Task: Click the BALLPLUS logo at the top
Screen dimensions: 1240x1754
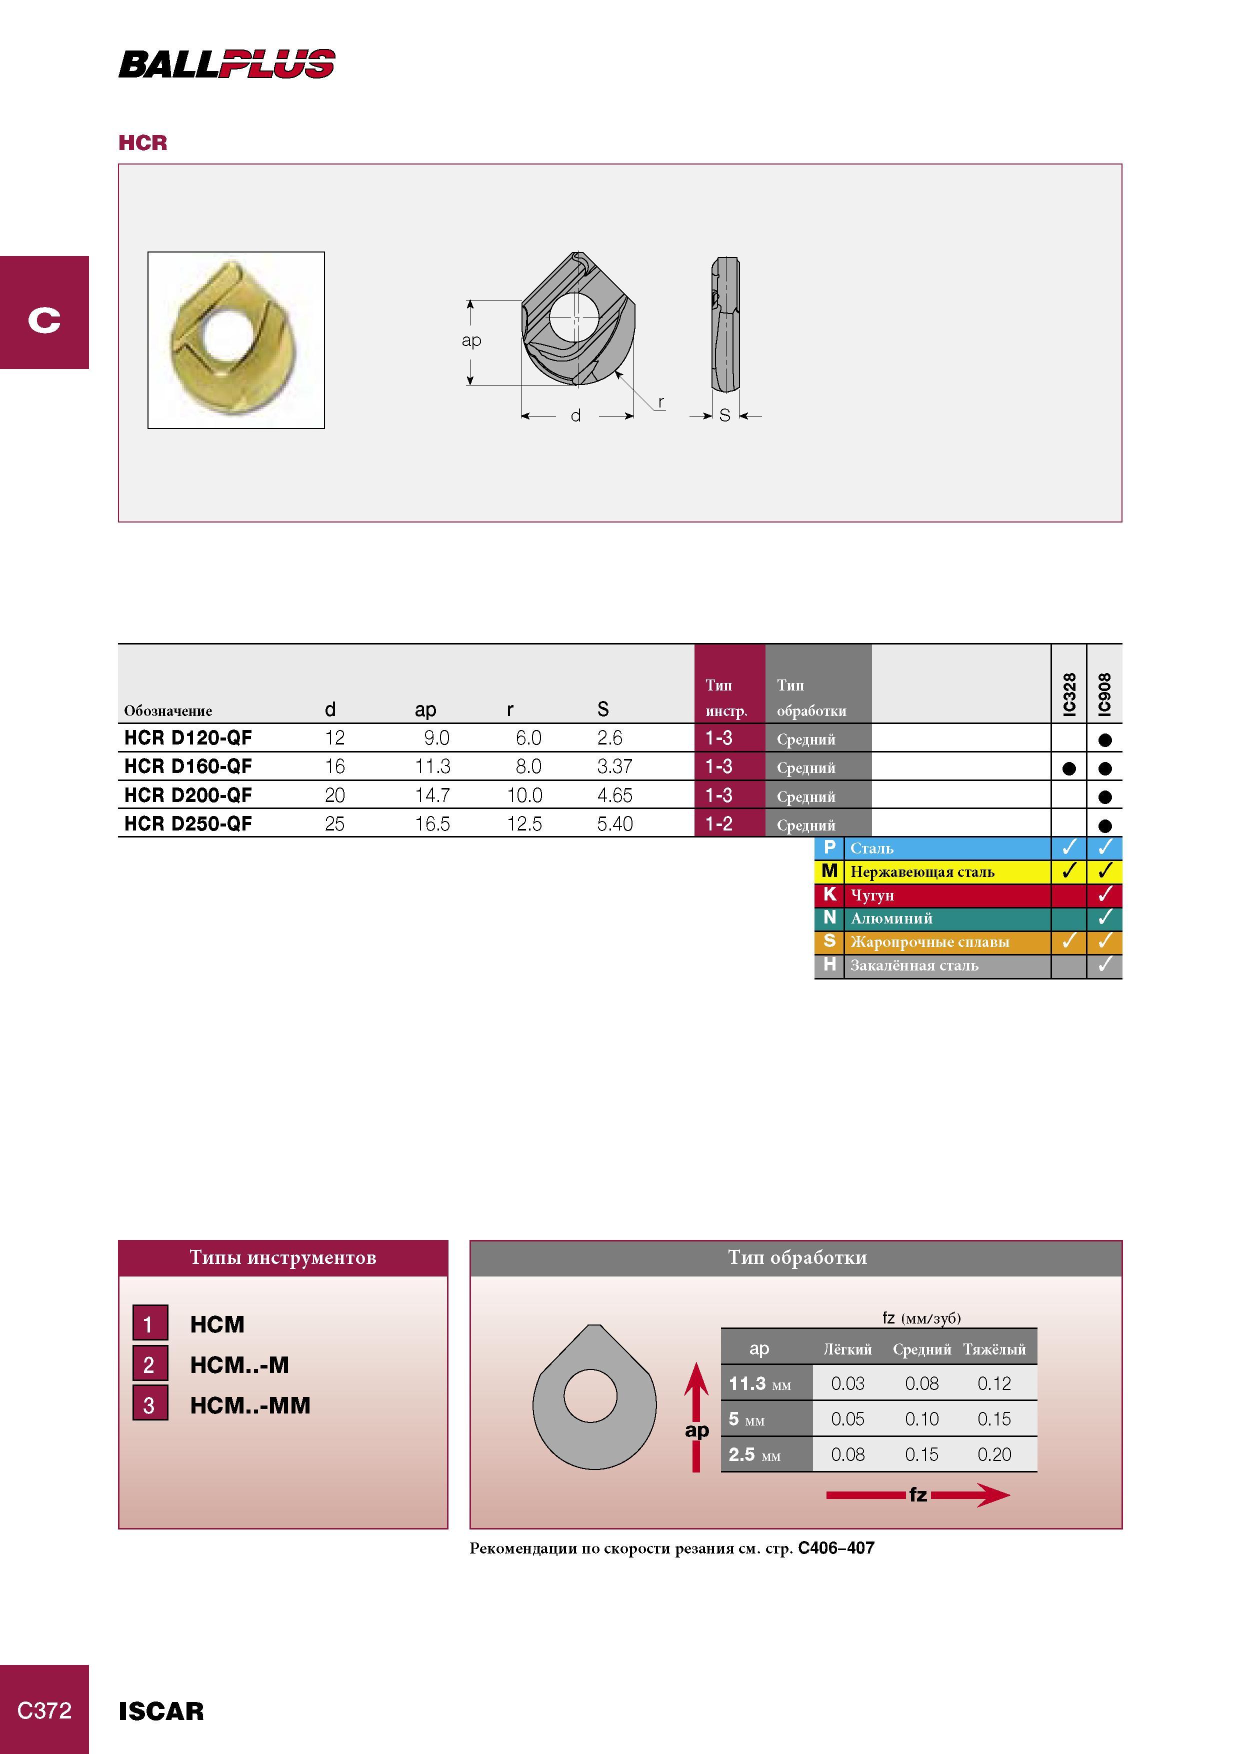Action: pyautogui.click(x=227, y=63)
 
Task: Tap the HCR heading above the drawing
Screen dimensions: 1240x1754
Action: pyautogui.click(x=143, y=143)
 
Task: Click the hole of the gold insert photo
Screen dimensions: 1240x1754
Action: pyautogui.click(x=226, y=334)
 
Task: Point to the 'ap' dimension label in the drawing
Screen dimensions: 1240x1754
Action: pyautogui.click(x=471, y=340)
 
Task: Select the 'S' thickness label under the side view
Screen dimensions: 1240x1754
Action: pyautogui.click(x=724, y=415)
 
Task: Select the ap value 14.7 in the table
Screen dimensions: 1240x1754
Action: pyautogui.click(x=432, y=795)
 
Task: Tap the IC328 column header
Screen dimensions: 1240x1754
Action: pyautogui.click(x=1069, y=694)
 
